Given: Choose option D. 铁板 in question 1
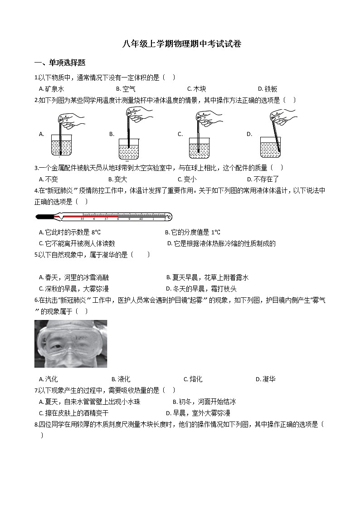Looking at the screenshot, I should (268, 89).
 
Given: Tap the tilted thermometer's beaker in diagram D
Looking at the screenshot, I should (270, 147).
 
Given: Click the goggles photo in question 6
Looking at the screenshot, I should (71, 344).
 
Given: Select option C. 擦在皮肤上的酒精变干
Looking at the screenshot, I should (74, 413).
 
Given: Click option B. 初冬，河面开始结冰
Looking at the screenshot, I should (204, 402).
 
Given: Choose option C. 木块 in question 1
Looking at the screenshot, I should (196, 89).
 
